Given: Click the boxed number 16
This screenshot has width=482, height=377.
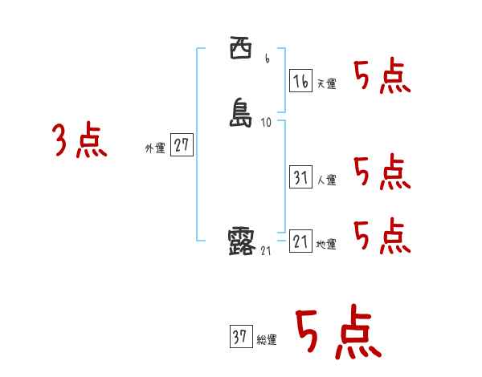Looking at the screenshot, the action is pyautogui.click(x=300, y=80).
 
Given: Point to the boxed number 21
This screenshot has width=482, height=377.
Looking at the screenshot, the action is pyautogui.click(x=300, y=241).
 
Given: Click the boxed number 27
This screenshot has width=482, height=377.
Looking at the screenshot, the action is pyautogui.click(x=182, y=146).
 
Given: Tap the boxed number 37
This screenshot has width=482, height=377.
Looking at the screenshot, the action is pyautogui.click(x=239, y=337).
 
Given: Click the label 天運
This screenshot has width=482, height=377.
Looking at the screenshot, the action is pyautogui.click(x=326, y=83).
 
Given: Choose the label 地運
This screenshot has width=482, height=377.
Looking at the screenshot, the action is pyautogui.click(x=326, y=244).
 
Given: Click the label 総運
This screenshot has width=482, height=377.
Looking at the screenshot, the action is pyautogui.click(x=266, y=340).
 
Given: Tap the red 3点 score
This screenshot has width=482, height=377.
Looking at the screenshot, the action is pyautogui.click(x=80, y=141).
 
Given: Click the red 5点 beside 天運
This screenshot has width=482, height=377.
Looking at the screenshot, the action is pyautogui.click(x=382, y=77).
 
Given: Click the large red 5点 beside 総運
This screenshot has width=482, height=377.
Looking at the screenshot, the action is pyautogui.click(x=337, y=332).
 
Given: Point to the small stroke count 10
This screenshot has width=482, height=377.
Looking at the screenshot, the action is pyautogui.click(x=267, y=123).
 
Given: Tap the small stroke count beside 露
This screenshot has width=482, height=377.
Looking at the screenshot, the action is pyautogui.click(x=266, y=251).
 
